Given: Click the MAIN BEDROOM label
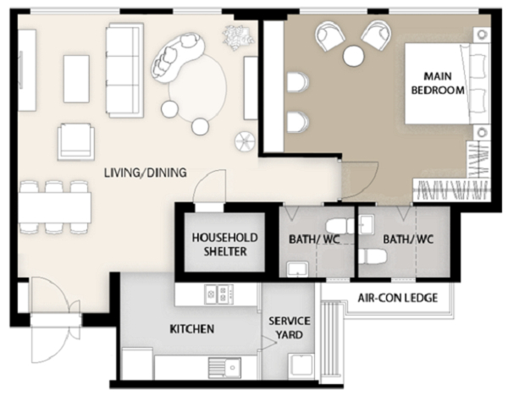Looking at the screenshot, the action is pyautogui.click(x=438, y=83).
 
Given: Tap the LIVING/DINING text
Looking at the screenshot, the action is pyautogui.click(x=145, y=173).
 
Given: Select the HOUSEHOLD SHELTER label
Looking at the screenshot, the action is pyautogui.click(x=225, y=245).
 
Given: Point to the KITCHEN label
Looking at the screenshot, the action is pyautogui.click(x=192, y=329).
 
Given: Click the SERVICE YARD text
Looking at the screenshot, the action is pyautogui.click(x=290, y=327).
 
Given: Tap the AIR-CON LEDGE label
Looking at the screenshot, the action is pyautogui.click(x=398, y=298).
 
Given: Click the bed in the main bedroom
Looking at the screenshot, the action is pyautogui.click(x=446, y=84).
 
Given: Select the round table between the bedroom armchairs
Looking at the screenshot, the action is pyautogui.click(x=354, y=56).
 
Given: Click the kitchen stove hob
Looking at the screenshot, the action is pyautogui.click(x=219, y=294).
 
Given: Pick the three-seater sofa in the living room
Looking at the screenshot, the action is pyautogui.click(x=124, y=70).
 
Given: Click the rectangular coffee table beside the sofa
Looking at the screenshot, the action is pyautogui.click(x=76, y=79).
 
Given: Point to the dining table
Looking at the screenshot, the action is pyautogui.click(x=54, y=207).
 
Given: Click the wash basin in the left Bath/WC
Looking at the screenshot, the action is pyautogui.click(x=298, y=270).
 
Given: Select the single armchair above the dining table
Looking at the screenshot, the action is pyautogui.click(x=76, y=141).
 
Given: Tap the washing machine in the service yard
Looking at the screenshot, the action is pyautogui.click(x=301, y=367).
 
